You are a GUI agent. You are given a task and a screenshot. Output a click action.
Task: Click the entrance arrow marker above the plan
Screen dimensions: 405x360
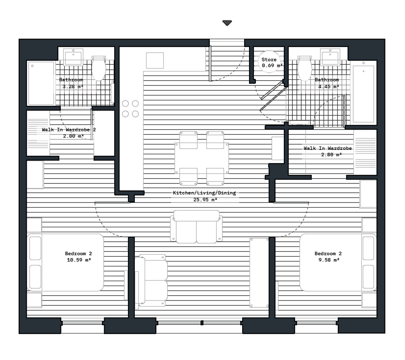pos(227,23)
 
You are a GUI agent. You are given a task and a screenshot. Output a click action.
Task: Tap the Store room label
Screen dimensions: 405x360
pos(269,60)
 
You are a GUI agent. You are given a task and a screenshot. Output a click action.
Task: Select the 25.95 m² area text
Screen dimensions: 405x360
pos(205,200)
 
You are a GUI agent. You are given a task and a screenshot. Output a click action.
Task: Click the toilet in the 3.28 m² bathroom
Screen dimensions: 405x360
pos(99,68)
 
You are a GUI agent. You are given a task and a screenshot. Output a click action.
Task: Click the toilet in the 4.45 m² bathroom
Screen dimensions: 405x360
pos(305,68)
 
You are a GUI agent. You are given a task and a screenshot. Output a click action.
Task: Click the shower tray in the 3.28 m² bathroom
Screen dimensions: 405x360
pos(41,83)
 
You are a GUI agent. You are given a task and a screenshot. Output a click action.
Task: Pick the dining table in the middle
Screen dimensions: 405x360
pos(202,158)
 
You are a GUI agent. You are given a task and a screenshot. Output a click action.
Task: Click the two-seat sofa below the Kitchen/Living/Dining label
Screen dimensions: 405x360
pos(196,227)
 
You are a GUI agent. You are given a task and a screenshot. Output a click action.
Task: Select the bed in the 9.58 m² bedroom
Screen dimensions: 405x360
pos(338,262)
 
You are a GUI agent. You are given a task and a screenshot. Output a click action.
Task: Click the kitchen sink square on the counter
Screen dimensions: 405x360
pos(155,60)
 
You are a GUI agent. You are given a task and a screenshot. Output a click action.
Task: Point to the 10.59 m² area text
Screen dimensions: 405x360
pos(79,260)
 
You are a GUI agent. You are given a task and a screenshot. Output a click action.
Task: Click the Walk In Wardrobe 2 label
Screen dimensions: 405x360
pos(69,130)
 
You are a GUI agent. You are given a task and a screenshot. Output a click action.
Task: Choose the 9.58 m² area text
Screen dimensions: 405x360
pos(328,260)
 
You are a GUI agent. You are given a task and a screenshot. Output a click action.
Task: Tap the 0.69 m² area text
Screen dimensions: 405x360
pos(272,66)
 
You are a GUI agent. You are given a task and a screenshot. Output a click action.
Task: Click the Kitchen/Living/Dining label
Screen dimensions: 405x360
pos(204,193)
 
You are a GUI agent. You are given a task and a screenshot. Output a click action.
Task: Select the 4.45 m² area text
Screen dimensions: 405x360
pos(328,87)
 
